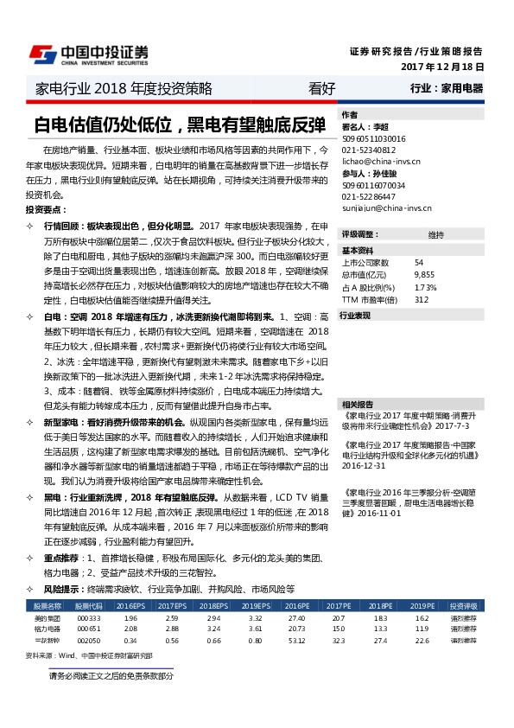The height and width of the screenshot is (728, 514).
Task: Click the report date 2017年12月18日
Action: point(441,67)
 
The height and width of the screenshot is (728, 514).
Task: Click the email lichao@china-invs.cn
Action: point(378,161)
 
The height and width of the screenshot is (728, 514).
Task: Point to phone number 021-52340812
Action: point(368,150)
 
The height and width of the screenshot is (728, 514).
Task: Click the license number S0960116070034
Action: point(373,185)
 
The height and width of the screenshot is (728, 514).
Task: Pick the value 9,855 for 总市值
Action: point(423,274)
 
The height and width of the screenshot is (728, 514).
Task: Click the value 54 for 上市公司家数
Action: point(419,263)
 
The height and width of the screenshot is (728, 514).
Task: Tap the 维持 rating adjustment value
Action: point(435,234)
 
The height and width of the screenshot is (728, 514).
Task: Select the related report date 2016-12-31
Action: point(364,464)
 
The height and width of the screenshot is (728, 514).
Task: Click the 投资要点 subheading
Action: point(45,210)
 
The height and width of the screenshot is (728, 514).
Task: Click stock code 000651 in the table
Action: point(88,629)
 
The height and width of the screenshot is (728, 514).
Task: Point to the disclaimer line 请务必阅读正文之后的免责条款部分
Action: point(111,675)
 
